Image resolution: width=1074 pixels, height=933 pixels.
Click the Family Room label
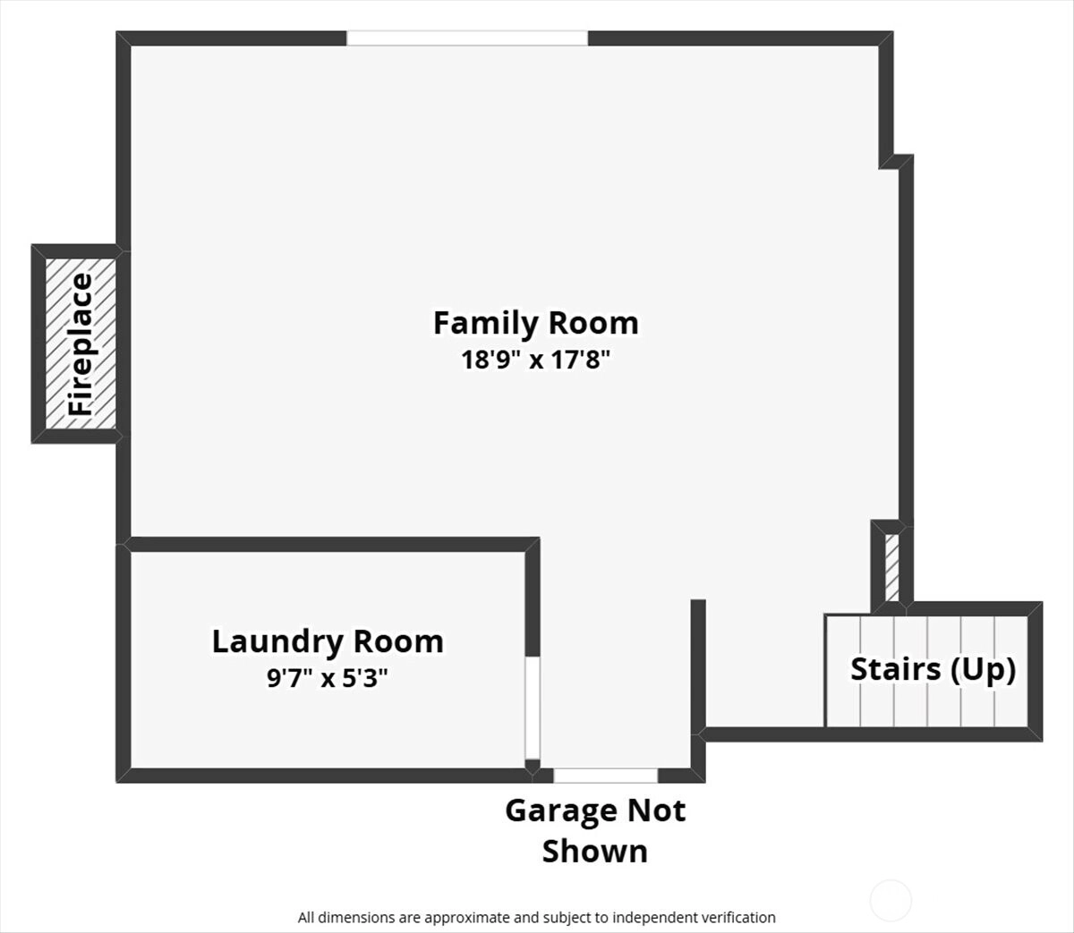coord(536,323)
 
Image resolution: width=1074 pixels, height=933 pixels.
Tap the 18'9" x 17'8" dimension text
coord(536,360)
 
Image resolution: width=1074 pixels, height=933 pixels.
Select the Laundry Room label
coord(328,642)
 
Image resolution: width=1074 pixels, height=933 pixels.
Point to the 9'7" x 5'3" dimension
coord(328,678)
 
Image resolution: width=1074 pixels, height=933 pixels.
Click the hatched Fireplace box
coord(81,344)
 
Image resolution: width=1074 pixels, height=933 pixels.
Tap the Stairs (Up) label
coord(933,670)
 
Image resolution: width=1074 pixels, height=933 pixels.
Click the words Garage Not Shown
coord(595,830)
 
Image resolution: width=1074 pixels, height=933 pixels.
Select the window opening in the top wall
coord(467,38)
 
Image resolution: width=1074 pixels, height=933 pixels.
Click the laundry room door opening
coord(533,708)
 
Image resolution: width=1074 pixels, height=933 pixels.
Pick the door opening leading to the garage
coord(606,776)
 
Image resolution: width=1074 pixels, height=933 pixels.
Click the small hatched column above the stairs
coord(891,568)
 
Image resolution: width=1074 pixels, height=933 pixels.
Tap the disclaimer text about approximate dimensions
coord(536,917)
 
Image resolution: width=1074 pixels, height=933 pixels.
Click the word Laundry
coord(277,643)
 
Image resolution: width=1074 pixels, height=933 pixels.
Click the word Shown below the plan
coord(595,851)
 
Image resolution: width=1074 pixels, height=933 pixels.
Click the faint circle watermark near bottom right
coord(891,901)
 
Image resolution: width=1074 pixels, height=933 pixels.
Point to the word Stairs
coord(896,669)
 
